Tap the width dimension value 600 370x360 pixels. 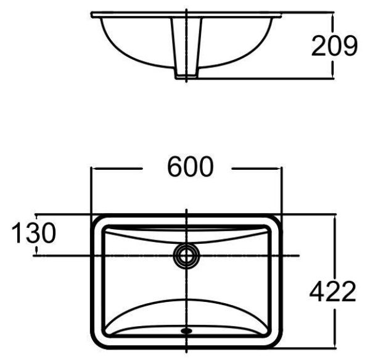(x=186, y=167)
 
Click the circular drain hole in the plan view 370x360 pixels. (x=186, y=254)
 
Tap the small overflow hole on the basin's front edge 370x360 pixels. (x=186, y=331)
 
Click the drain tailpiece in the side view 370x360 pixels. (x=186, y=49)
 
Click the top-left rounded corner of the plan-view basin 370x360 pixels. (x=97, y=220)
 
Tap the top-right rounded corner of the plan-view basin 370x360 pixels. (x=275, y=220)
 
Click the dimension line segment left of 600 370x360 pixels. (x=117, y=167)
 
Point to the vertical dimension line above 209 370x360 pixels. (x=333, y=22)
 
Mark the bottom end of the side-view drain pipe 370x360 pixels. (x=186, y=78)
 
